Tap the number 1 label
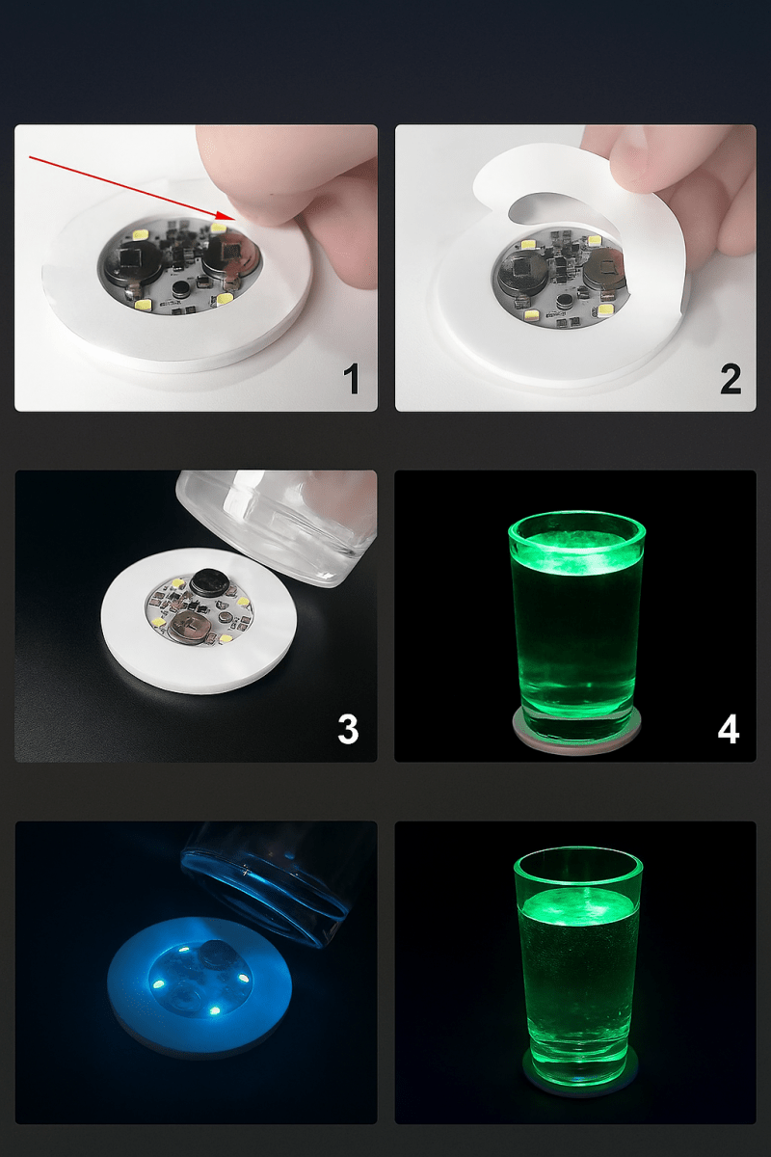point(352,379)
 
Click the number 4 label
point(729,729)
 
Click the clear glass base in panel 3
point(279,525)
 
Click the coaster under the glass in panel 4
point(576,740)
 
